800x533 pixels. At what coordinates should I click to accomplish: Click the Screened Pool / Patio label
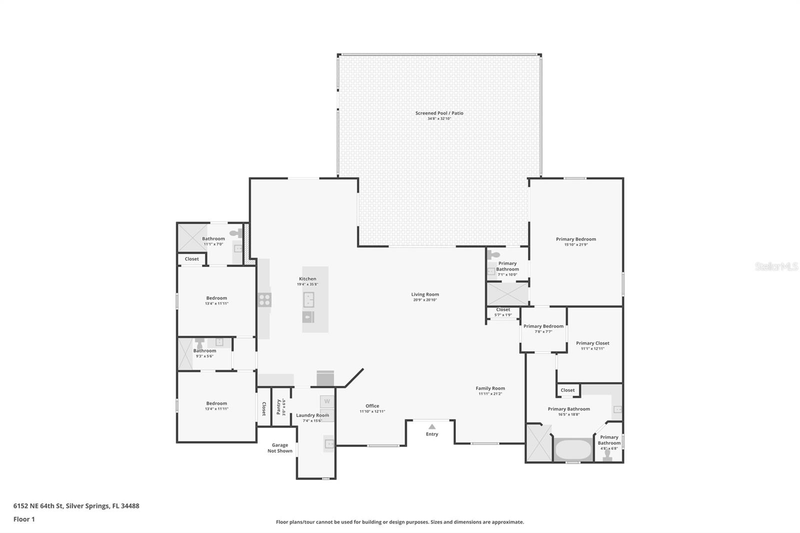click(x=439, y=113)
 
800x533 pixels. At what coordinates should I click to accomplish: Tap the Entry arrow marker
click(x=432, y=426)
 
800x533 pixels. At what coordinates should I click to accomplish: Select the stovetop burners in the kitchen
click(x=264, y=300)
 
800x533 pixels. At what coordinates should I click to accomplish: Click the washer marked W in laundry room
click(x=327, y=401)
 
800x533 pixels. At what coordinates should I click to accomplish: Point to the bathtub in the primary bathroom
click(x=572, y=449)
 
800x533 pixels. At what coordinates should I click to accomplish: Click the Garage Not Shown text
click(x=279, y=448)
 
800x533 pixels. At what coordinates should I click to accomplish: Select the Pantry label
click(x=279, y=406)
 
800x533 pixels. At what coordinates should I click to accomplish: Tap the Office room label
click(x=372, y=406)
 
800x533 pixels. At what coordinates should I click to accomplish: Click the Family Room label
click(x=490, y=388)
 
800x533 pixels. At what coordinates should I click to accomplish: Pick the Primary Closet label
click(x=592, y=343)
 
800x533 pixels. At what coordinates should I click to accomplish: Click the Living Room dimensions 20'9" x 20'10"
click(x=425, y=300)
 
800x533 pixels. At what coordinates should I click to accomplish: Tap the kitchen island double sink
click(x=308, y=300)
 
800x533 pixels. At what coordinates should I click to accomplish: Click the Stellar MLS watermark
click(x=776, y=266)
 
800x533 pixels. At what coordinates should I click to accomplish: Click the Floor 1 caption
click(x=24, y=519)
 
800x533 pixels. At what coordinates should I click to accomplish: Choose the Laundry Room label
click(x=312, y=415)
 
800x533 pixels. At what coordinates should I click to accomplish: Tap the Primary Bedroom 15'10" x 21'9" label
click(x=576, y=239)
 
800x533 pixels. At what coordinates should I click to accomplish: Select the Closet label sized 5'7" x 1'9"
click(x=503, y=309)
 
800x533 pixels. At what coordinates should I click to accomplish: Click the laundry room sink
click(x=328, y=443)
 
